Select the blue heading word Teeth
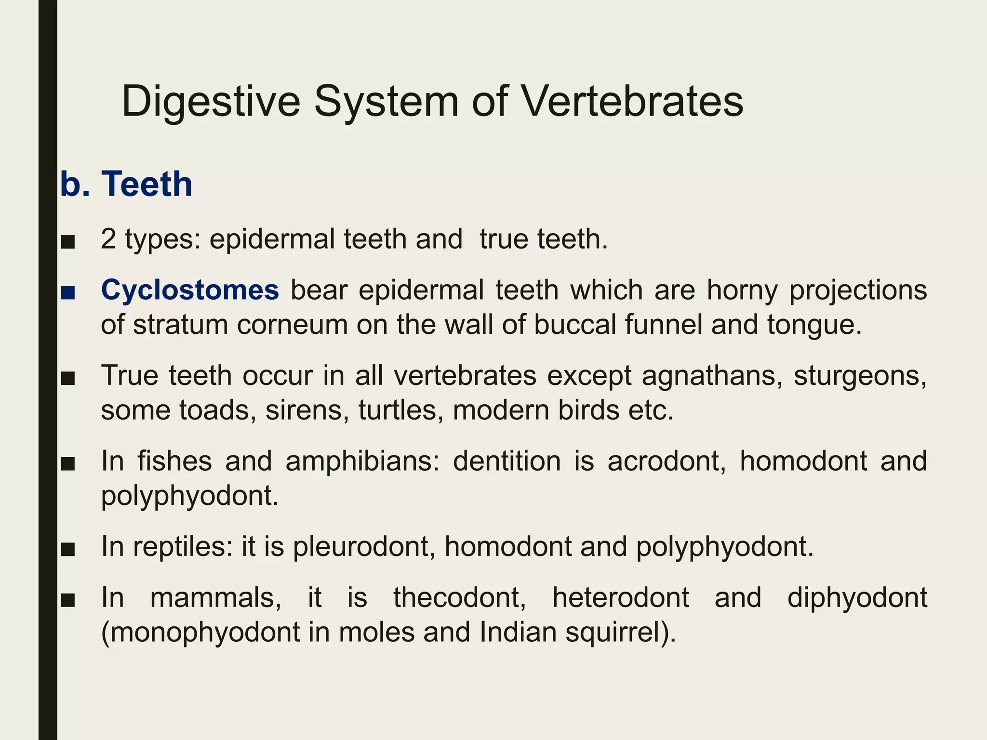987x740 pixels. pyautogui.click(x=147, y=184)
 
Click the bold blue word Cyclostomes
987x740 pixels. pyautogui.click(x=190, y=290)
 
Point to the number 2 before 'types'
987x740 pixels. pyautogui.click(x=108, y=239)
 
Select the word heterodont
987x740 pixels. pyautogui.click(x=621, y=598)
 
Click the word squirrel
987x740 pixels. pyautogui.click(x=620, y=633)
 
